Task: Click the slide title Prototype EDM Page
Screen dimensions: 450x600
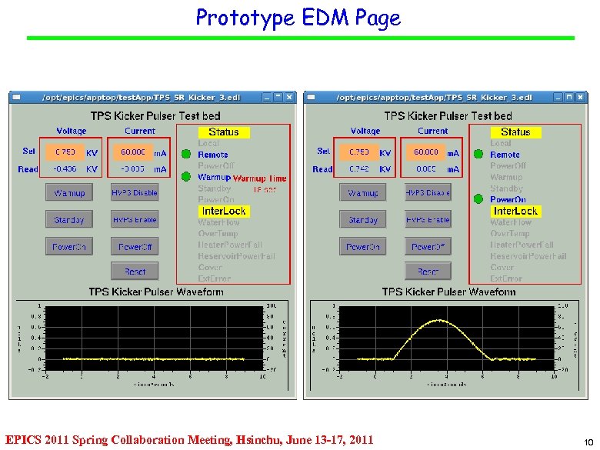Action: click(x=298, y=18)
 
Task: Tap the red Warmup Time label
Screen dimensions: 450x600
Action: click(x=259, y=178)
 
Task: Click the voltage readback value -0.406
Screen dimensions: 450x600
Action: click(x=65, y=169)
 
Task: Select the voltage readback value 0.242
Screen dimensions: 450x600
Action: click(x=358, y=169)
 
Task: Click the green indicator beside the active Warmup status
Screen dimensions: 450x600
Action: click(x=186, y=176)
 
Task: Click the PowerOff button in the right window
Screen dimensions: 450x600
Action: click(x=428, y=247)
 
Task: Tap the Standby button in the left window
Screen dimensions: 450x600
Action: click(x=69, y=220)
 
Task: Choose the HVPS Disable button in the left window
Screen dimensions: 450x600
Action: click(x=134, y=193)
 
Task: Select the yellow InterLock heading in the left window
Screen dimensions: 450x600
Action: click(x=223, y=211)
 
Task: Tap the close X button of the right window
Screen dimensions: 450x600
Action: click(x=582, y=98)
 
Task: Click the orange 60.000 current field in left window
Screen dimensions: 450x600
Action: click(x=133, y=152)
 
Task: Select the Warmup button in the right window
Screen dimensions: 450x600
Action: click(x=363, y=193)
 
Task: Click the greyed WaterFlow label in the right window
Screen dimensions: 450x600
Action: click(x=512, y=222)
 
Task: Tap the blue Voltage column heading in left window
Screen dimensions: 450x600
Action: click(x=72, y=132)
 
